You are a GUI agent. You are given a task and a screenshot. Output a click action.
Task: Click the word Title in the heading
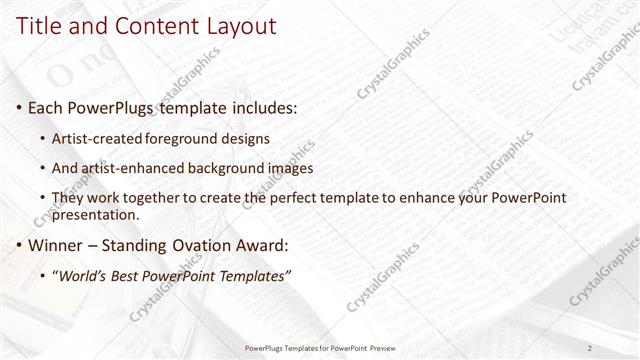[37, 28]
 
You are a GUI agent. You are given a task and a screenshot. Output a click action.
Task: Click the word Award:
[260, 245]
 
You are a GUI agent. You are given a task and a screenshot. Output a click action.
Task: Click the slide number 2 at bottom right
[590, 348]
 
